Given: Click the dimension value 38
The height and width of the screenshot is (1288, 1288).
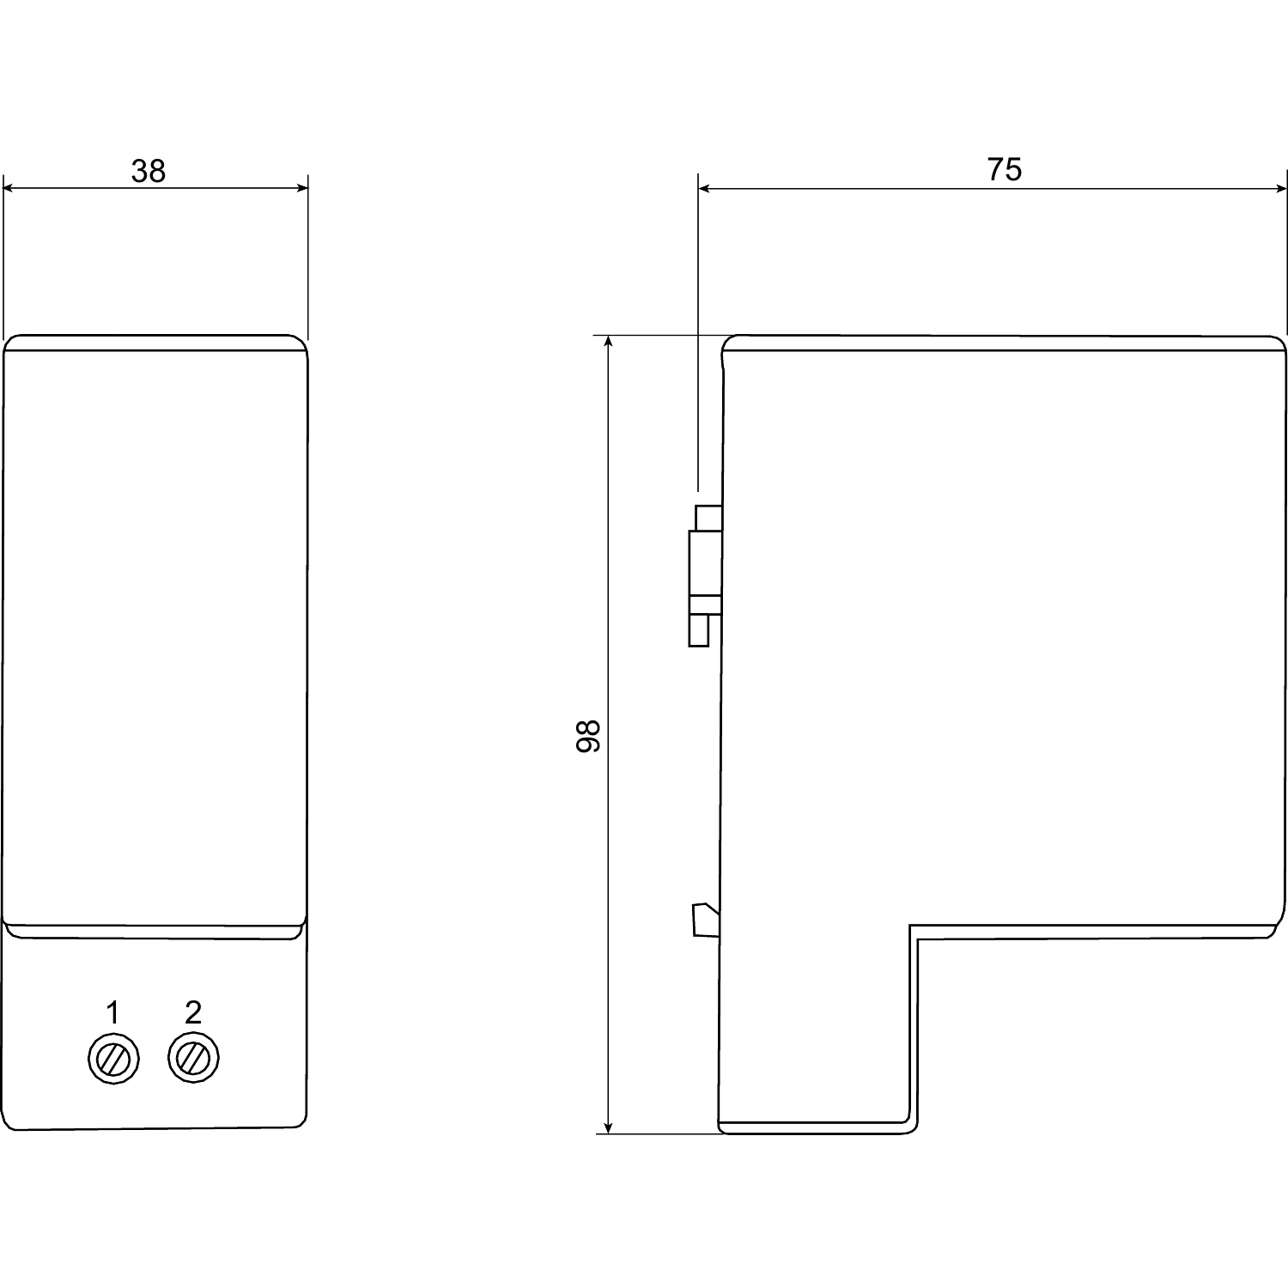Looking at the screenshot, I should coord(148,172).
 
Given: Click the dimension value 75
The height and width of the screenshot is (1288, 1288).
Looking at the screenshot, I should coord(1004,170).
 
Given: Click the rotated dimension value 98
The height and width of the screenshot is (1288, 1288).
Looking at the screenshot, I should coord(588,736).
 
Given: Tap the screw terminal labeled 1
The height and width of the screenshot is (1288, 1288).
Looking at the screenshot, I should coord(113,1059).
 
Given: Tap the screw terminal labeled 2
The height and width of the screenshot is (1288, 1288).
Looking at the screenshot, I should coord(193,1058).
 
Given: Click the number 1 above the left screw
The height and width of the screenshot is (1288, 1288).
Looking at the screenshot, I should coord(112,1013).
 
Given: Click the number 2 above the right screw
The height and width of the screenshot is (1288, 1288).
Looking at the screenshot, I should coord(193,1013).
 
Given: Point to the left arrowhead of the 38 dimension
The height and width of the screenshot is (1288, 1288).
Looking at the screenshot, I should coord(10,188).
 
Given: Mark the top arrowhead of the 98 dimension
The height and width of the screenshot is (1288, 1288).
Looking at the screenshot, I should coord(609,343).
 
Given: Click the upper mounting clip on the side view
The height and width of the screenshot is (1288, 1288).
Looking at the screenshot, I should coord(705,574).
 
